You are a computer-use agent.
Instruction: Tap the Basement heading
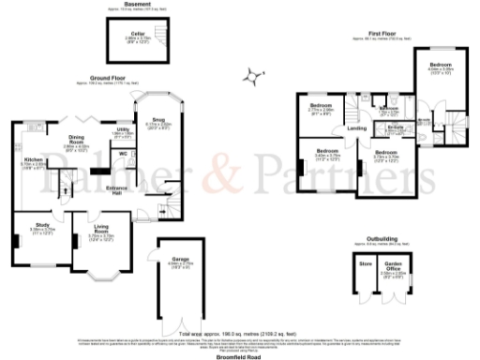point(137,5)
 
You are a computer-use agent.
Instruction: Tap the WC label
point(123,153)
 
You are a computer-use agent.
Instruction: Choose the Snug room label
point(157,119)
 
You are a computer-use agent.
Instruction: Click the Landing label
point(356,128)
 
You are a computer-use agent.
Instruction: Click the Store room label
point(367,263)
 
